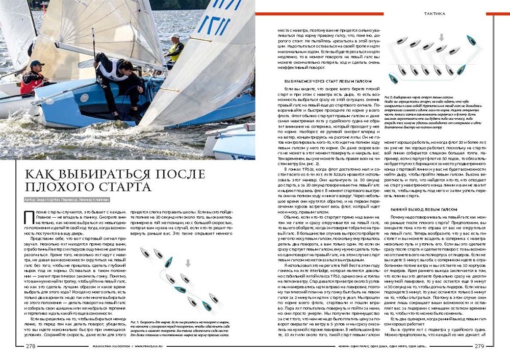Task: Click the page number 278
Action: [x=31, y=346]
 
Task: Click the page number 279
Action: [x=479, y=346]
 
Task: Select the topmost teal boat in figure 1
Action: [x=168, y=262]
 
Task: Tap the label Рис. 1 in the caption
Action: [x=136, y=322]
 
